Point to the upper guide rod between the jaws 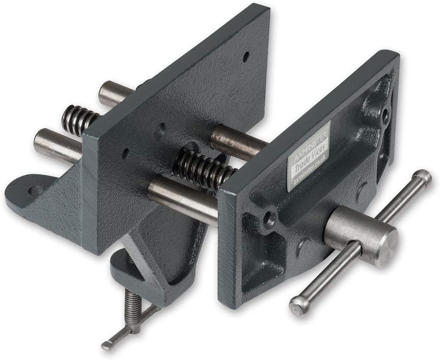point(239,141)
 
